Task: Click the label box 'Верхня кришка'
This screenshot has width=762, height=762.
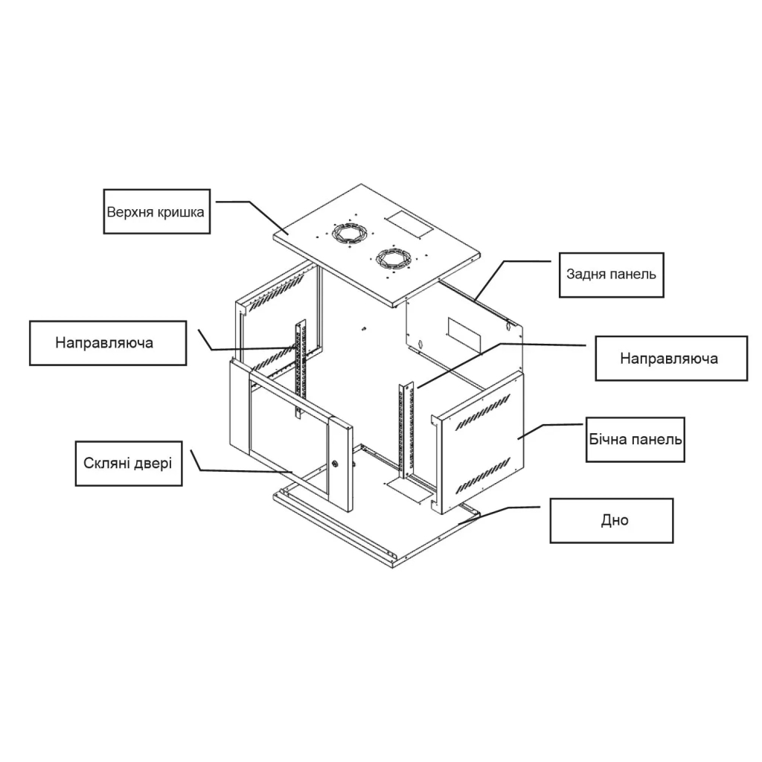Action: (x=156, y=211)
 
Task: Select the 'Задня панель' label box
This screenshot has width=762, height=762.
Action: (x=612, y=275)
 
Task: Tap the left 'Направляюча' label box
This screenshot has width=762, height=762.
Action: (x=108, y=342)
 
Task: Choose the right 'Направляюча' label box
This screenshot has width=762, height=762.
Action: (x=671, y=358)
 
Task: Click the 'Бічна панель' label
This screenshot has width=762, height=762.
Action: (x=635, y=439)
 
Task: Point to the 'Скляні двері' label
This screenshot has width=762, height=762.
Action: (x=128, y=463)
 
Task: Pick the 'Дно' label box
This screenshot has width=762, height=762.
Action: (x=612, y=520)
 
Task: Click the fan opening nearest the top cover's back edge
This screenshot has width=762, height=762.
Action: (x=348, y=232)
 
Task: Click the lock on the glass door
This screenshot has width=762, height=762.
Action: (x=336, y=464)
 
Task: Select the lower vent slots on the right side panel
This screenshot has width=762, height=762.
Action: (x=484, y=474)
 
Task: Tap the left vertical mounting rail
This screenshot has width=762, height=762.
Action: (x=300, y=368)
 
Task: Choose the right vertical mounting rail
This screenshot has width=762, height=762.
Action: (x=406, y=430)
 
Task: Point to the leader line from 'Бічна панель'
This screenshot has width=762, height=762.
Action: (x=550, y=432)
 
